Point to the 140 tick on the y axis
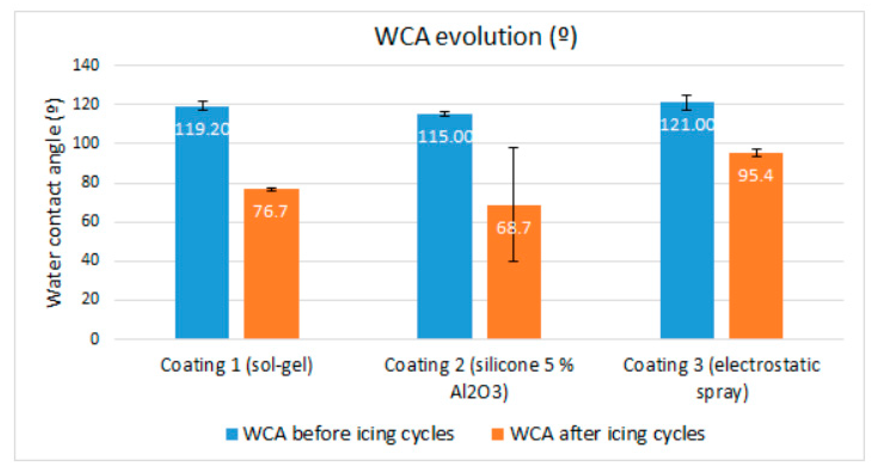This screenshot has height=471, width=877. tap(86, 65)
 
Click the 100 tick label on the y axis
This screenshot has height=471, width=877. tap(86, 143)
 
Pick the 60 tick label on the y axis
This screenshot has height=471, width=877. tap(90, 221)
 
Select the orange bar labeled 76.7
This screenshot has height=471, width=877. tap(271, 266)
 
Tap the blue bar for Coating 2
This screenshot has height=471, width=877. tap(445, 228)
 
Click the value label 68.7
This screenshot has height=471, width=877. tap(513, 228)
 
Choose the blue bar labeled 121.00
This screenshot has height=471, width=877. tap(687, 221)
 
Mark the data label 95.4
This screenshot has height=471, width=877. tap(755, 176)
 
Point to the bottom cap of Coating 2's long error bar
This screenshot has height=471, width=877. tap(513, 261)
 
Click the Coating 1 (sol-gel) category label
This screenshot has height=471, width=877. tap(236, 365)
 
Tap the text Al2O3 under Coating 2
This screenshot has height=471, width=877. tap(479, 392)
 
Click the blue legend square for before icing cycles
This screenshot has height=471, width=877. tap(232, 434)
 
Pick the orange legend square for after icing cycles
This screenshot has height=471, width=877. tap(498, 434)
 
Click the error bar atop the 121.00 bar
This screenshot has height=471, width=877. tap(687, 103)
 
